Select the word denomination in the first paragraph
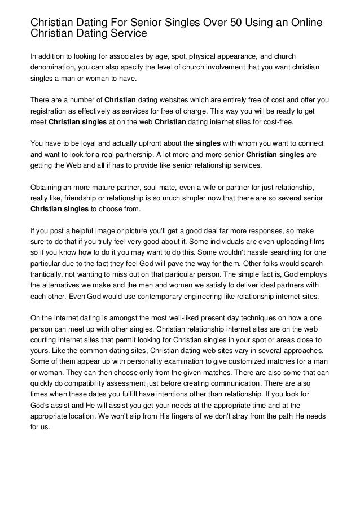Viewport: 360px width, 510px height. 55,67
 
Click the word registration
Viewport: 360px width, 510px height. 50,112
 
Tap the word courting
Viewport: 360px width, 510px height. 44,341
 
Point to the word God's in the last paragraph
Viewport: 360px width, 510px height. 41,406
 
